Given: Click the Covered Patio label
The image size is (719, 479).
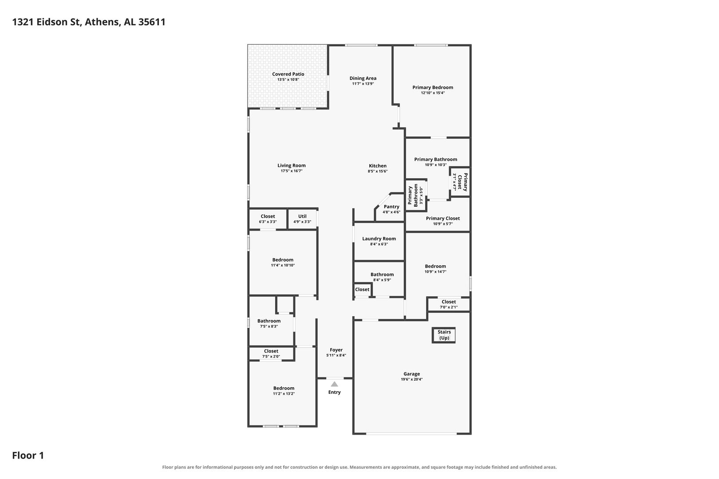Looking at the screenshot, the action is coord(288,74).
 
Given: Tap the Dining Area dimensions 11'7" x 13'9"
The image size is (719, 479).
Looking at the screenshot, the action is coord(363,84).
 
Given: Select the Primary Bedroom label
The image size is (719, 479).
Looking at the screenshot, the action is coord(433,87).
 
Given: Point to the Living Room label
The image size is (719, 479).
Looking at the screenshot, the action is coord(292,165).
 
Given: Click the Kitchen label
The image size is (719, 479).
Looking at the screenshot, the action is coord(377,166).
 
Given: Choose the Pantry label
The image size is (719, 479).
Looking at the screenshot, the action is coord(391,207).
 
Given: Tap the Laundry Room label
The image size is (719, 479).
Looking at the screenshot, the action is coord(379,239).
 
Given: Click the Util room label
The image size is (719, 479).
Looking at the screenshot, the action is coord(302,216).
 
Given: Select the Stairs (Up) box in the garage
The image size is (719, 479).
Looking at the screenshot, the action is coord(443,335).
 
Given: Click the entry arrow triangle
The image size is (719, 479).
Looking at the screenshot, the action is coord(335,384).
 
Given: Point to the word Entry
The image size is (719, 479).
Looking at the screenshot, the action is coord(335,392).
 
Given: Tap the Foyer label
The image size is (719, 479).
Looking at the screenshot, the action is coord(336,350).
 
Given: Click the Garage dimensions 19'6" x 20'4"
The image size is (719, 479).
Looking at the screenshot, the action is coord(412,379).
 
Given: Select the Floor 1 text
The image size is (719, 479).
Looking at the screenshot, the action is coord(28,455).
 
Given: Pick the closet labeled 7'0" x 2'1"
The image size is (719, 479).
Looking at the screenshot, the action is coord(449,304).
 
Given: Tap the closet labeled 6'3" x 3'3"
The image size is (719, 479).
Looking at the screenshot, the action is coord(268,219).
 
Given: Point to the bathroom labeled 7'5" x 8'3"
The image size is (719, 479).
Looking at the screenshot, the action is coord(269,323).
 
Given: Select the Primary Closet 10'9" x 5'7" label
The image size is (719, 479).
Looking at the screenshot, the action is coord(443,221).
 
